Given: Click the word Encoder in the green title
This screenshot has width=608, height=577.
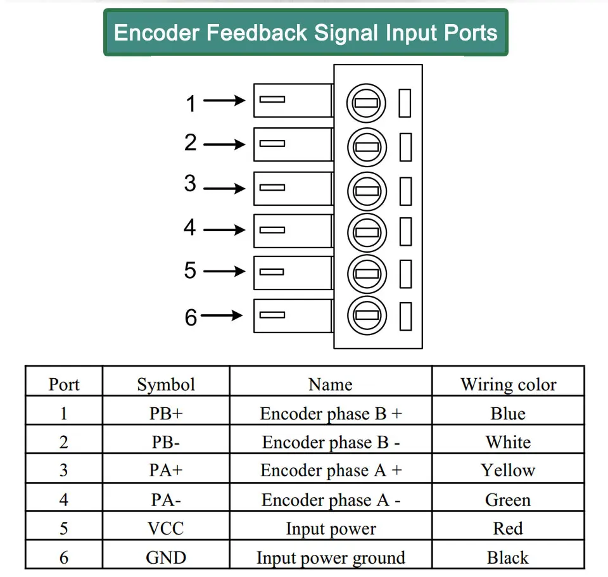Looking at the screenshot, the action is click(157, 32).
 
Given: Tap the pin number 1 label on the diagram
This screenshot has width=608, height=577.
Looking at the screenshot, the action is click(191, 103).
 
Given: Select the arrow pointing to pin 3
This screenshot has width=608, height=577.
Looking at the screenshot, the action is click(224, 189).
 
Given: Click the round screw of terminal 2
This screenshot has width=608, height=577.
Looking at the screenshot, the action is click(367, 148).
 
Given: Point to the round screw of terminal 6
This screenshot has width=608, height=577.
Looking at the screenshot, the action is click(367, 315).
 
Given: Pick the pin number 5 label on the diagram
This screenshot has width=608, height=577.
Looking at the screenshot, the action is click(190, 270).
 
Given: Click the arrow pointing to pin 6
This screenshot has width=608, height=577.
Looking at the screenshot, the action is click(222, 315).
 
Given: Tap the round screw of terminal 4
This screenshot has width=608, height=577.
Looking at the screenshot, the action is click(367, 232).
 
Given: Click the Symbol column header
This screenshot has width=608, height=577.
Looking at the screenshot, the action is click(166, 384).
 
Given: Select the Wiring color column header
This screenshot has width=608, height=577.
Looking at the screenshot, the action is click(509, 384).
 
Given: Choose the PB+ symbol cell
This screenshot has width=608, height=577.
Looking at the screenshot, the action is click(166, 414).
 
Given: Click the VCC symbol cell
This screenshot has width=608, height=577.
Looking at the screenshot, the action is click(165, 528).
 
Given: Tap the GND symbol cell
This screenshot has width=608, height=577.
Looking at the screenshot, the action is click(166, 557).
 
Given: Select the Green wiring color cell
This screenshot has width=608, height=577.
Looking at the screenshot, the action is click(508, 500).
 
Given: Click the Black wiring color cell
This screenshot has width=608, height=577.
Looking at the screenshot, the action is click(507, 557).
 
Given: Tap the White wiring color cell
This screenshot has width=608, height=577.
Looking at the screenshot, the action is click(508, 442).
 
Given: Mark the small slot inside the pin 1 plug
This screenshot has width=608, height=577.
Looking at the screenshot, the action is click(272, 99).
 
